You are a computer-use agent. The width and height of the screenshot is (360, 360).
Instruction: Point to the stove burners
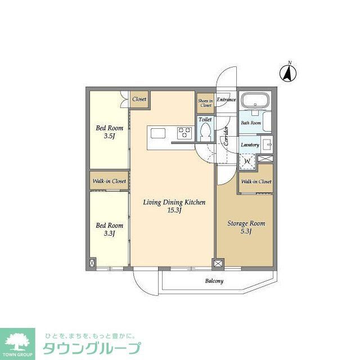[184, 133]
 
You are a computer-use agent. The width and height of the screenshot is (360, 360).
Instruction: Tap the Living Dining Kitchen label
[174, 206]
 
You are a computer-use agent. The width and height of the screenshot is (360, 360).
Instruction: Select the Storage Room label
[246, 227]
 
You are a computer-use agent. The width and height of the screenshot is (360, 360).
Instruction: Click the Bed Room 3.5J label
[109, 132]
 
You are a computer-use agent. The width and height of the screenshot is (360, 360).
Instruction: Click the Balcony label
[214, 281]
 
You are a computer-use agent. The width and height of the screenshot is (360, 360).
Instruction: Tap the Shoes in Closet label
[205, 103]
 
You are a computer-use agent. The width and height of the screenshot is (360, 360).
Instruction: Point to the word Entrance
[226, 100]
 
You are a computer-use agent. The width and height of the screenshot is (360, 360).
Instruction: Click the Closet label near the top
[139, 99]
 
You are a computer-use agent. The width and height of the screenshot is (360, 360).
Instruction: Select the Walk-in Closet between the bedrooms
[109, 181]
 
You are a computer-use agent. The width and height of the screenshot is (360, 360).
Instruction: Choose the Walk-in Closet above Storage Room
[256, 182]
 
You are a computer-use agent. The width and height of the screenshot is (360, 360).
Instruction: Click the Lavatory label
[250, 145]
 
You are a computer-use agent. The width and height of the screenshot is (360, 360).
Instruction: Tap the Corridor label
[226, 136]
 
